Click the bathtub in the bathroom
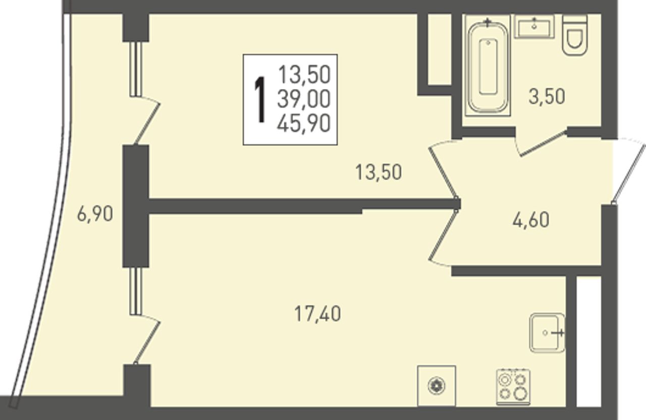point(488,66)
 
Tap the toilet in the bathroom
point(575,35)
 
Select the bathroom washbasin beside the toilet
point(534,27)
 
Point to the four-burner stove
point(513,387)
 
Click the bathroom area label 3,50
point(547,97)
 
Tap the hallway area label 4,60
point(531,220)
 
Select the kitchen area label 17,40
point(317,314)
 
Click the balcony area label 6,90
point(95,214)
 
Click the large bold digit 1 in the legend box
point(260,100)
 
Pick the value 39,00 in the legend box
point(304,99)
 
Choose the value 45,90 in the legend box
point(304,123)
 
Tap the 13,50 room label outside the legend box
point(379,172)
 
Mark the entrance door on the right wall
point(629,171)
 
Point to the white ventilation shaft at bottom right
point(588,342)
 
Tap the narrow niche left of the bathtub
point(440,50)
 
